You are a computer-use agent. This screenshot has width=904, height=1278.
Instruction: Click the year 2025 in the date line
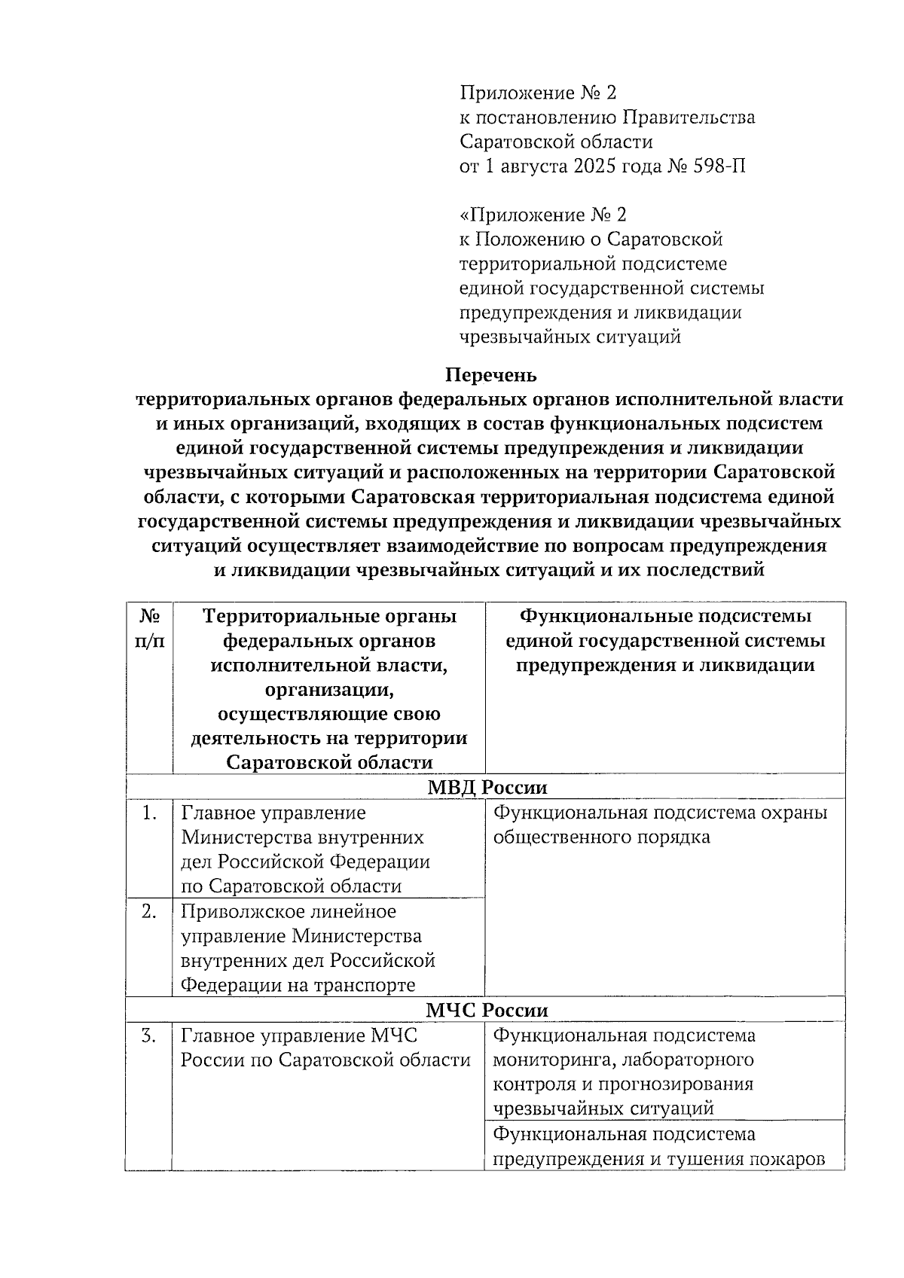coord(594,166)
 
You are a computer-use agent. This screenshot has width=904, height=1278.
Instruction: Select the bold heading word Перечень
coord(490,374)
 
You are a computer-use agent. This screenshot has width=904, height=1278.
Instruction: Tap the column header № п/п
coord(149,628)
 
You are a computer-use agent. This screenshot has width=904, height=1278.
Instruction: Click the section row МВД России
coord(487,787)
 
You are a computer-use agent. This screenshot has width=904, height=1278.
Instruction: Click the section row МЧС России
coord(487,1010)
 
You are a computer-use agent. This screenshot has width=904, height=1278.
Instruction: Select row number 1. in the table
coord(149,813)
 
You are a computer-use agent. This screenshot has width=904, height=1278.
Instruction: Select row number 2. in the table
coord(149,912)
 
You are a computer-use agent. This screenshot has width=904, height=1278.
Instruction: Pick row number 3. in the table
coord(149,1036)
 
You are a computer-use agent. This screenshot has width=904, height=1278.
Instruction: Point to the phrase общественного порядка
coord(601,837)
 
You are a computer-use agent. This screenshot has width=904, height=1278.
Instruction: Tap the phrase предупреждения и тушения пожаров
coord(658,1159)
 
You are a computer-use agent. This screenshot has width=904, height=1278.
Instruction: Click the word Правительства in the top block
coord(690,117)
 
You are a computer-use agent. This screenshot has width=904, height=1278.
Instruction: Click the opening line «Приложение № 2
coord(543,215)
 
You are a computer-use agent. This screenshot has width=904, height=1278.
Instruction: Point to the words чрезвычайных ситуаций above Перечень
coord(570,337)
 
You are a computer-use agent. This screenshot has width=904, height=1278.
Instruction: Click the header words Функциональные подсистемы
coord(665,616)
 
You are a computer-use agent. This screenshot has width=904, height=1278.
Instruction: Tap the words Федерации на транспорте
coord(298,985)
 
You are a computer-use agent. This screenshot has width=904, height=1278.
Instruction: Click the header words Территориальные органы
coord(329,616)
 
